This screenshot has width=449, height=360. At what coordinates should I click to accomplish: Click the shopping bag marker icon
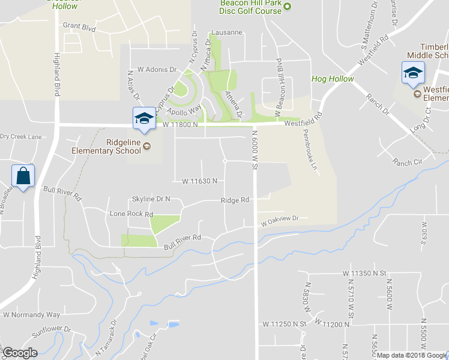[23, 176]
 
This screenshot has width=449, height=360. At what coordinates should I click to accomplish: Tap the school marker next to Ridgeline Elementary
[144, 118]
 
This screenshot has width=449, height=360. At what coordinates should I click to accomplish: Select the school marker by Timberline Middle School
[412, 73]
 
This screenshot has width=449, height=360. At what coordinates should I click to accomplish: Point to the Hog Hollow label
[333, 79]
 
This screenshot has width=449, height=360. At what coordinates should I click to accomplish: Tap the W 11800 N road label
[180, 125]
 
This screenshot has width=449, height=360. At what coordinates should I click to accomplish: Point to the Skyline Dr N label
[151, 199]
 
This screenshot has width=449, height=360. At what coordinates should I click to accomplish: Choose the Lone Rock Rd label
[131, 214]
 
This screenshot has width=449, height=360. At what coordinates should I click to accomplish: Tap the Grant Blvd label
[79, 26]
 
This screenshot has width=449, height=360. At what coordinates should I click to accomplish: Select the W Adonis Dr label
[157, 70]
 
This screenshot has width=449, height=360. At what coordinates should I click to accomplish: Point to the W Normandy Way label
[32, 314]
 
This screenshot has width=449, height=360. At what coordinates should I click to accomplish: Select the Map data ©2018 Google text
[412, 355]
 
